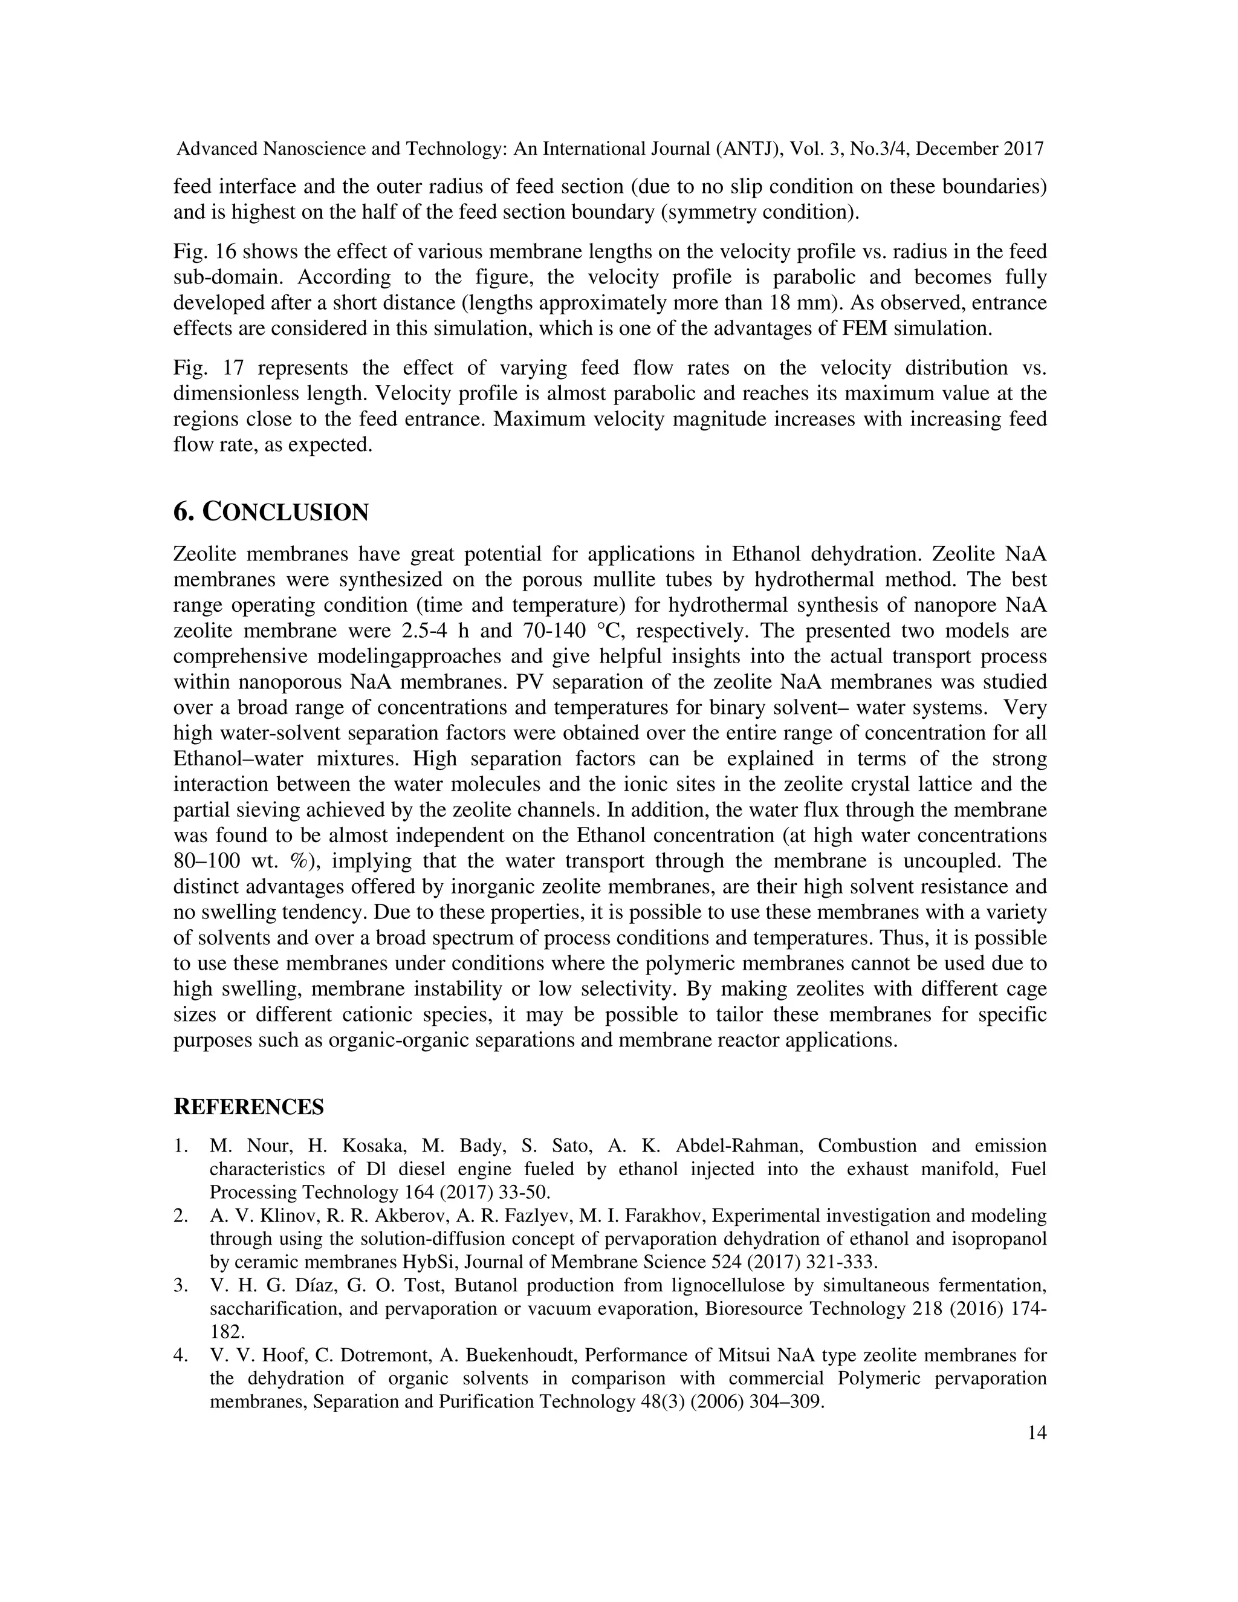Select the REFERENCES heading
coord(248,1107)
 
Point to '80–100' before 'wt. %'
coord(207,861)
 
